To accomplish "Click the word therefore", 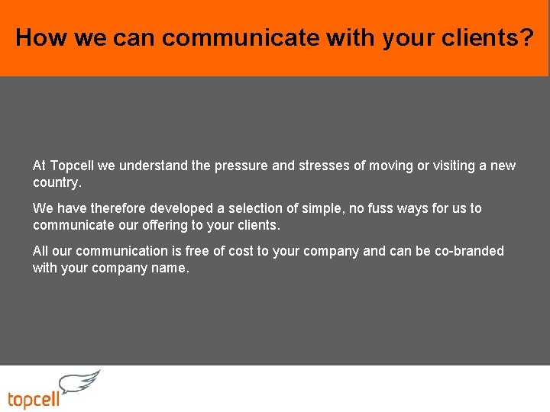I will [118, 208].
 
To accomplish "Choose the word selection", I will [254, 208].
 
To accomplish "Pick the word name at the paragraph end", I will [168, 269].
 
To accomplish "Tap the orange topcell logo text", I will [34, 400].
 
